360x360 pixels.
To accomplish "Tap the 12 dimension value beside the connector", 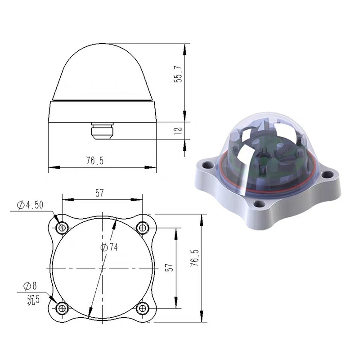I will tap(178, 130).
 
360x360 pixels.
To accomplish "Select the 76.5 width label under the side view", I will tap(95, 161).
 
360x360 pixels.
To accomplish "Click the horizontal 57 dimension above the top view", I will tap(100, 193).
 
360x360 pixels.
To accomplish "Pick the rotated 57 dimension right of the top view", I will tap(169, 267).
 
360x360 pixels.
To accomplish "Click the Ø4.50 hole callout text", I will tap(31, 205).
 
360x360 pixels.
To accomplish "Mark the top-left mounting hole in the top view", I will tap(62, 228).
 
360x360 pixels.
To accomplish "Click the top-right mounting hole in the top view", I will tap(143, 228).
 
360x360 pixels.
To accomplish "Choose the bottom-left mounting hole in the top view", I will tap(62, 308).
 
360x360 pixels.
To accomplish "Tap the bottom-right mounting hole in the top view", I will tap(143, 308).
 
